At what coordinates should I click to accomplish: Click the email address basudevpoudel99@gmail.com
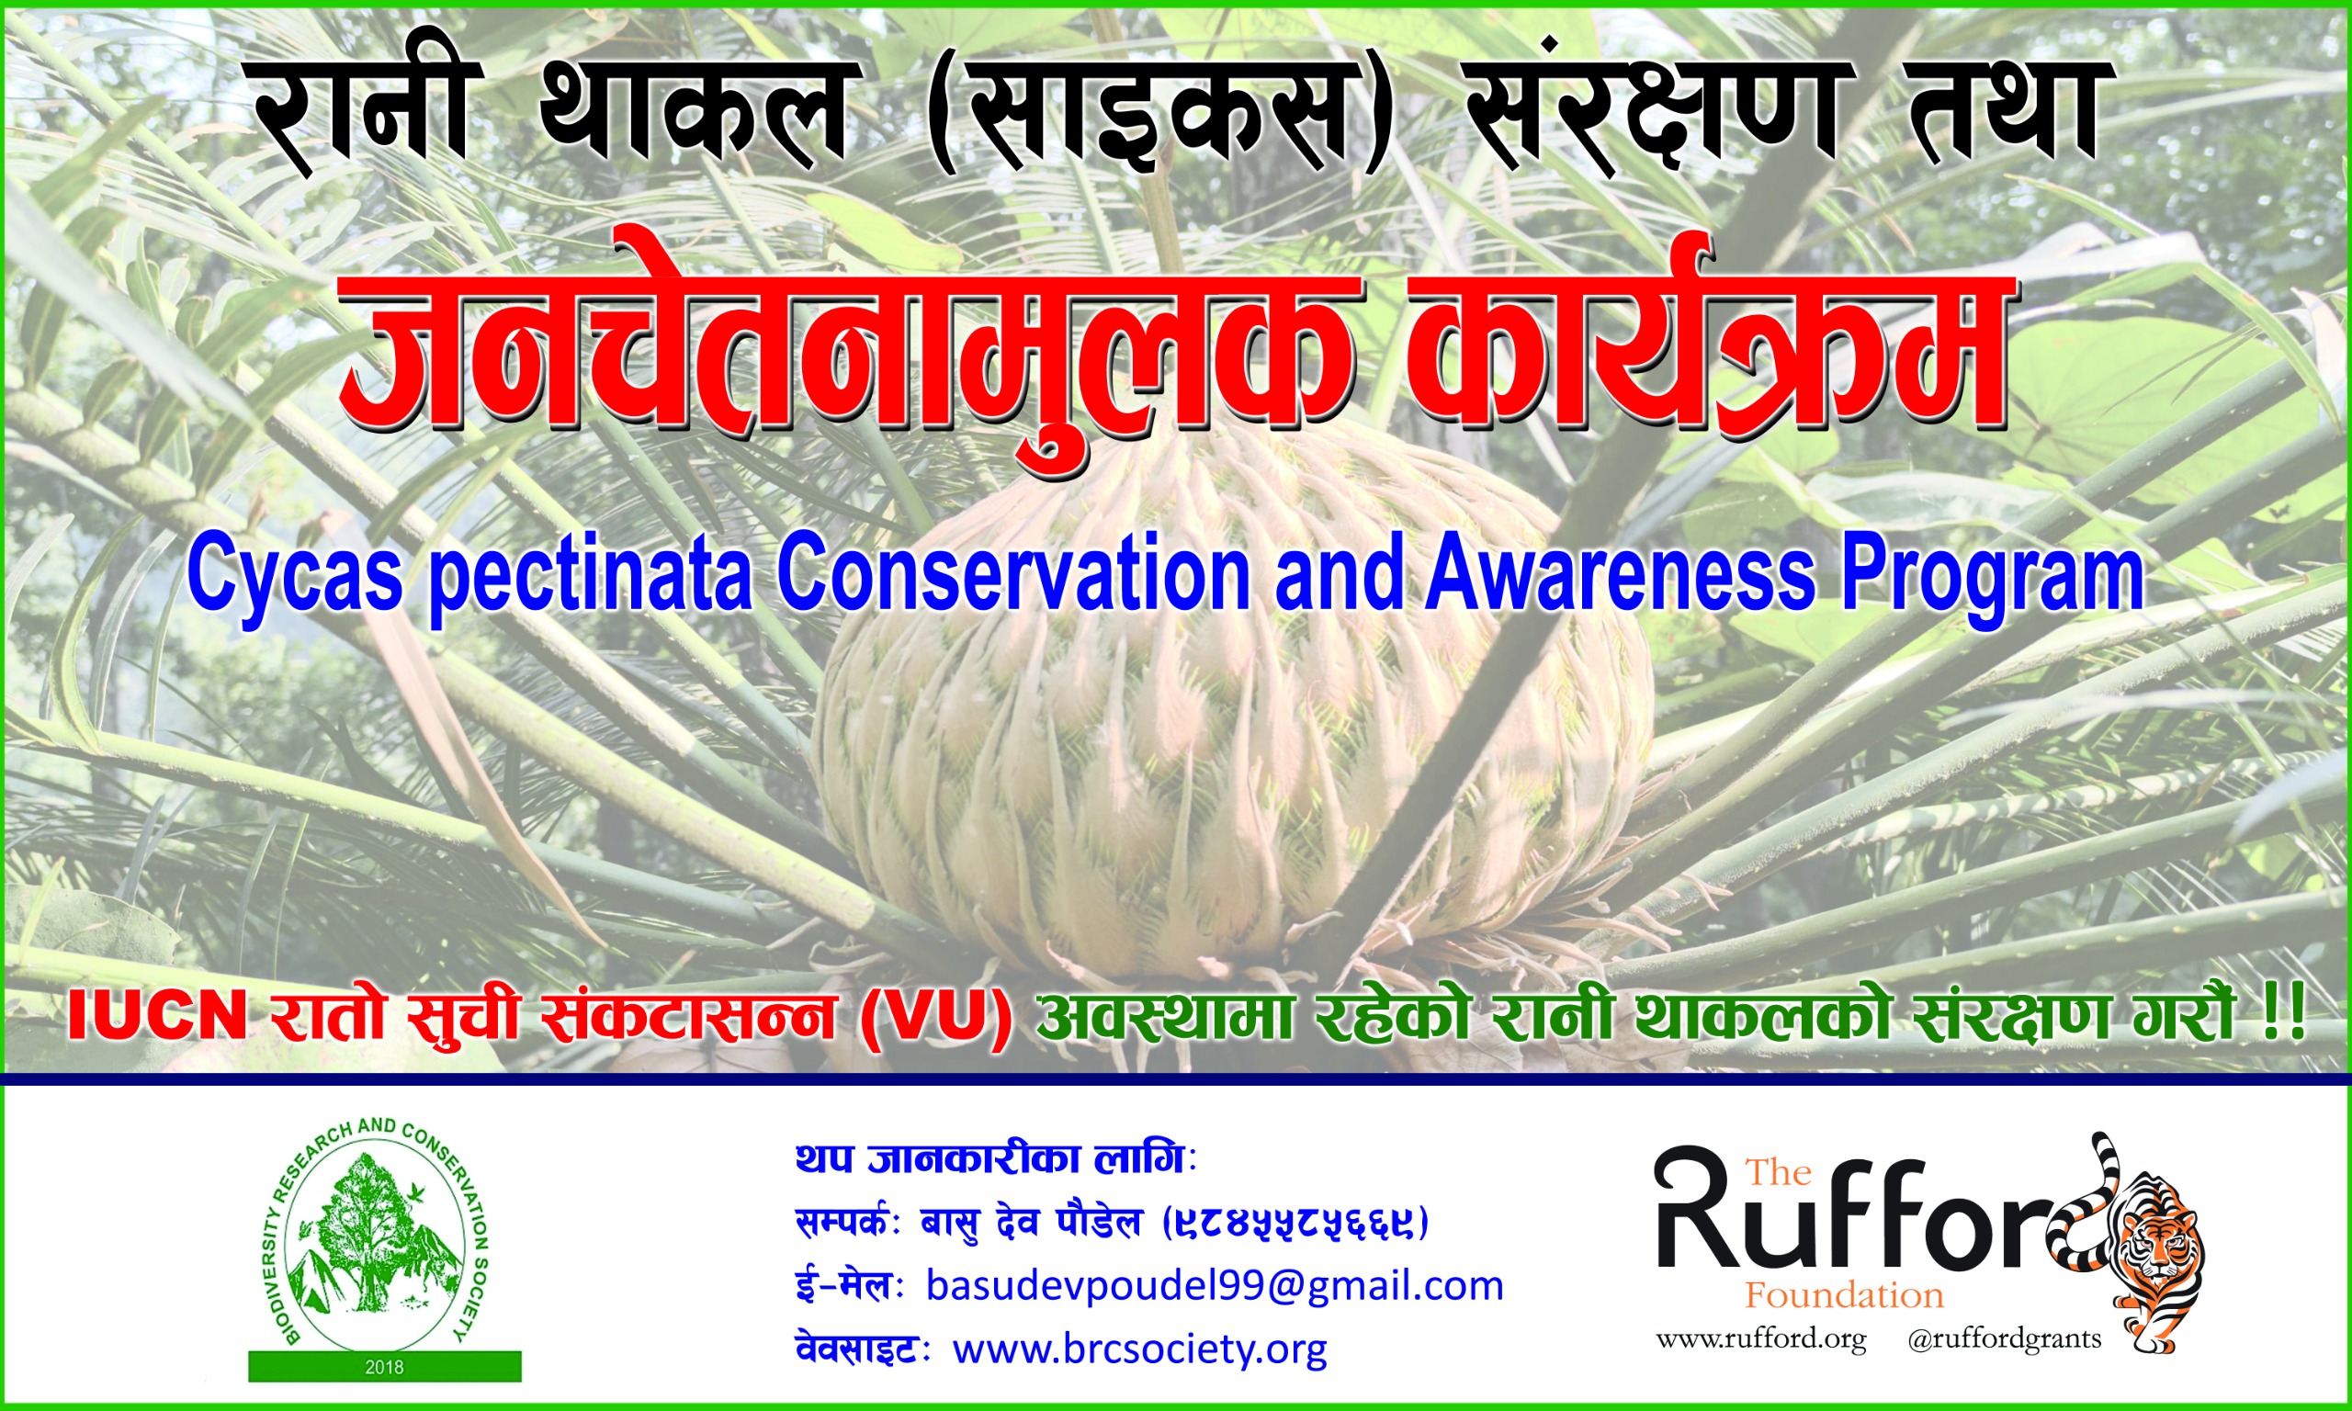[x=1215, y=1285]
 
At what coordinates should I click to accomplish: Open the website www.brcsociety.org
[x=1140, y=1349]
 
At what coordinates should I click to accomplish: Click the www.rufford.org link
[x=1760, y=1339]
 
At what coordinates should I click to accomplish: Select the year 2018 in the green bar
[x=384, y=1367]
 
